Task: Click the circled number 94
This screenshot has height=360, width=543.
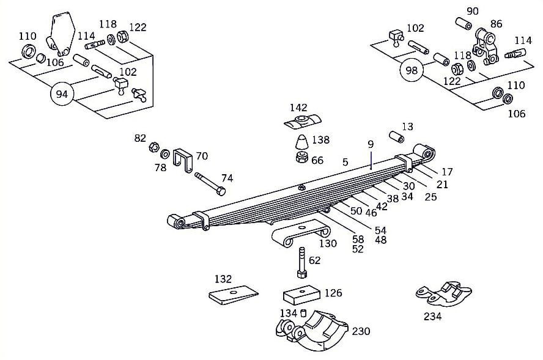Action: (61, 94)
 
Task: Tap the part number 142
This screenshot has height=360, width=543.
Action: (298, 108)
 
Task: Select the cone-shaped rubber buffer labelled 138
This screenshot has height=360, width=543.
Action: (301, 143)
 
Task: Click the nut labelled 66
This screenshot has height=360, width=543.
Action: (301, 159)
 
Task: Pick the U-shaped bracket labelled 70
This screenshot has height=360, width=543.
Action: (182, 160)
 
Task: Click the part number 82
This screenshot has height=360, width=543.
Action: (141, 139)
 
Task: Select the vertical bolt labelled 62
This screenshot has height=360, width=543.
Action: (301, 263)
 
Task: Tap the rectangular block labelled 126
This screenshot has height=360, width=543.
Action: (302, 296)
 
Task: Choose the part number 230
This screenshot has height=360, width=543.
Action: (361, 331)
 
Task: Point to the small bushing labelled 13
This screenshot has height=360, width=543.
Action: (396, 136)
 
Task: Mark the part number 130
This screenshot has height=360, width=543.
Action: (328, 243)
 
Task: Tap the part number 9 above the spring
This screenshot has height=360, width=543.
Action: (371, 145)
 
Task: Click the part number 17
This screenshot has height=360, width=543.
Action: (446, 172)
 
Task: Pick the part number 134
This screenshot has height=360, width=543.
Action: (287, 314)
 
